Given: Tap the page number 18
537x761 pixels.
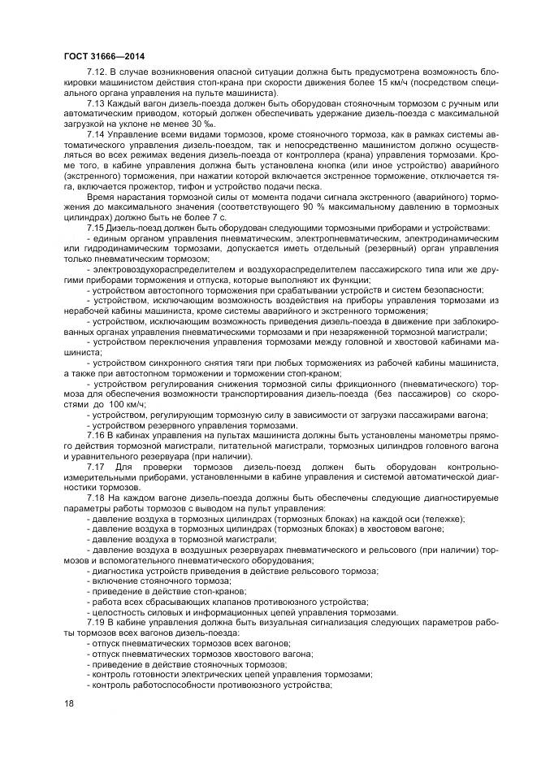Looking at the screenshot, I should pyautogui.click(x=68, y=702).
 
